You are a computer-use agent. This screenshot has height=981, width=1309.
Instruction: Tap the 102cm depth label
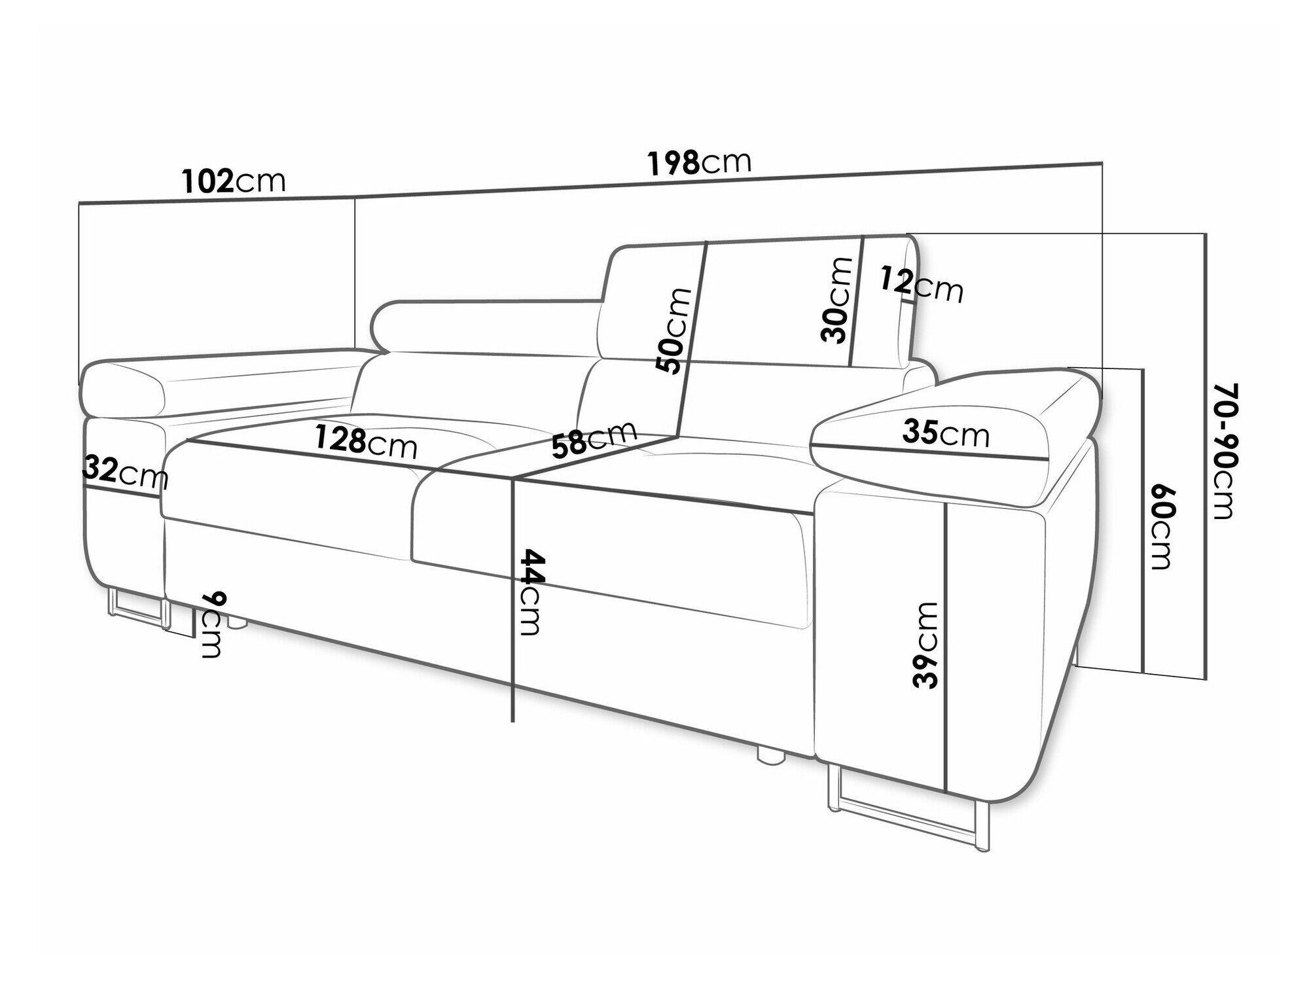tap(234, 181)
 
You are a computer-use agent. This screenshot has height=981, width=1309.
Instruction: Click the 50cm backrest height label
tap(675, 330)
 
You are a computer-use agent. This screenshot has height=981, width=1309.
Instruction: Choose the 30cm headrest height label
tap(837, 300)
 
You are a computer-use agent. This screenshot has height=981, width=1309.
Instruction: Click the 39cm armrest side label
tap(925, 645)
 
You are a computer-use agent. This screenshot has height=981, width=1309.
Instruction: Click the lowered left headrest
tap(488, 328)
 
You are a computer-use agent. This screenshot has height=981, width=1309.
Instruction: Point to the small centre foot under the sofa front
tap(771, 753)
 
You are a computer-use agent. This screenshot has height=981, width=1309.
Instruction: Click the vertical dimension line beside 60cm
tap(1143, 521)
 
